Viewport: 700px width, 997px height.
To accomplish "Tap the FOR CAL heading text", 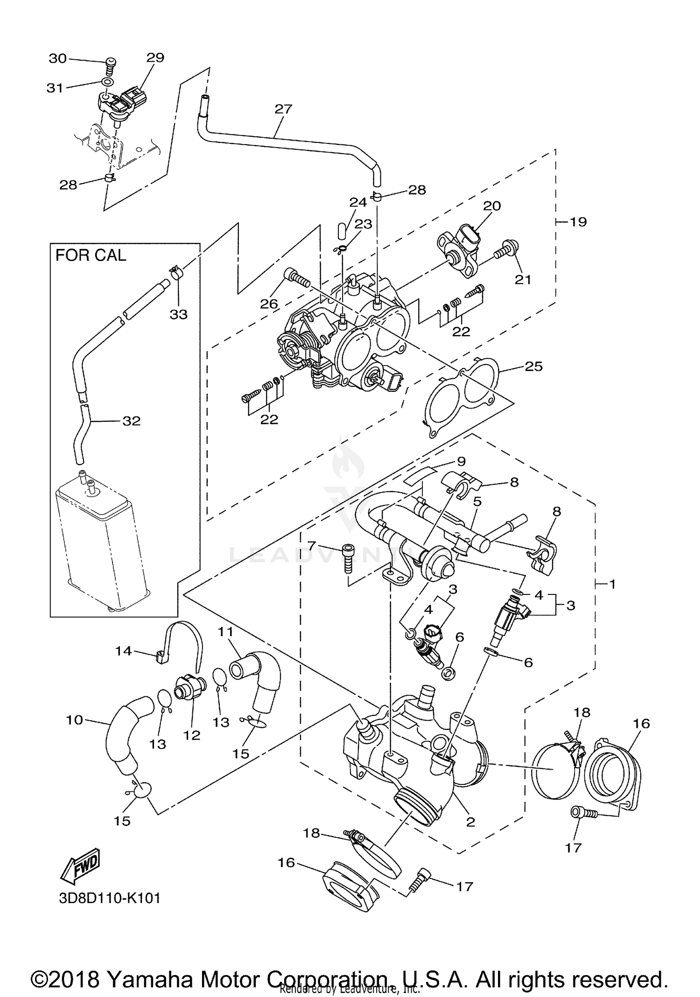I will [91, 255].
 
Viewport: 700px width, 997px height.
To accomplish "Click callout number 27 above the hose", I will [283, 109].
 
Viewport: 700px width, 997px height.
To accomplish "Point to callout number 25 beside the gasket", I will [533, 367].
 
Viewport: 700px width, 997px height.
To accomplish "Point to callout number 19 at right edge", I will [578, 222].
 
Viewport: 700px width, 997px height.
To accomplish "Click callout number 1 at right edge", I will [612, 584].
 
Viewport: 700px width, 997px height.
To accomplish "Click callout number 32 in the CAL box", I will [131, 421].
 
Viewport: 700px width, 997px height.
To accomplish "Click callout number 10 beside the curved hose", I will [75, 720].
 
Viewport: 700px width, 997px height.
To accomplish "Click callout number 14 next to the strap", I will [124, 651].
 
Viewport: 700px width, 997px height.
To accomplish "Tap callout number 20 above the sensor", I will [492, 206].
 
